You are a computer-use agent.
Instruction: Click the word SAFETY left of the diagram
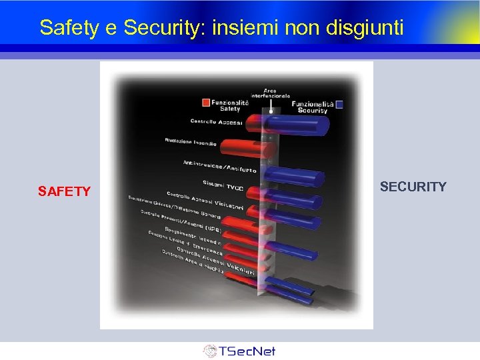click(64, 192)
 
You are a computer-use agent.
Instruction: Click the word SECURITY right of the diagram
click(413, 187)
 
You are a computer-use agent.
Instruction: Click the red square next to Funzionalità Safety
click(206, 103)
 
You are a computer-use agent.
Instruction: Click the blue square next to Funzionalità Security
click(340, 103)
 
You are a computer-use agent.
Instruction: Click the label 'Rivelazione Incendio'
click(191, 141)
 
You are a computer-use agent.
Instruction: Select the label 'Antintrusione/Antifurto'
click(219, 166)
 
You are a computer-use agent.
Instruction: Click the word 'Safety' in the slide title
click(65, 27)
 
